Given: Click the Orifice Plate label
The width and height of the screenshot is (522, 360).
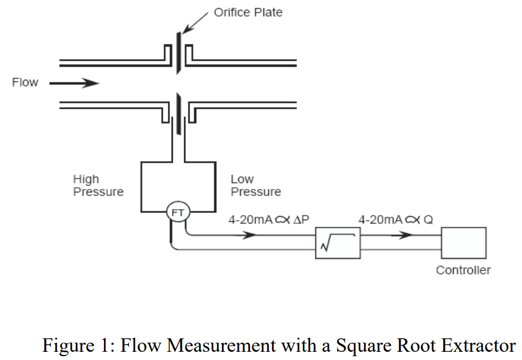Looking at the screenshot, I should pyautogui.click(x=248, y=12).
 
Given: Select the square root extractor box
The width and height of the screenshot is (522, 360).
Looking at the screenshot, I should pyautogui.click(x=338, y=243).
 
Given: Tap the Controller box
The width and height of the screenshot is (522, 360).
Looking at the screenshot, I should pyautogui.click(x=464, y=243).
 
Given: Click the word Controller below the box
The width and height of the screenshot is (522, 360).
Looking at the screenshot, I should pyautogui.click(x=463, y=270).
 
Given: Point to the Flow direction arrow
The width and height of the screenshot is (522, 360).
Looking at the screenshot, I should pyautogui.click(x=74, y=84).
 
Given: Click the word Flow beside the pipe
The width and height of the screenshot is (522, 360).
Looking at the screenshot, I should pyautogui.click(x=25, y=82).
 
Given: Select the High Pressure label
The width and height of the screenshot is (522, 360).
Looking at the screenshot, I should pyautogui.click(x=98, y=186).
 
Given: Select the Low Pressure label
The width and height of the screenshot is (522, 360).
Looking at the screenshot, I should pyautogui.click(x=255, y=186).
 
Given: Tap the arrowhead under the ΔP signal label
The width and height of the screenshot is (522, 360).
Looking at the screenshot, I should pyautogui.click(x=249, y=235).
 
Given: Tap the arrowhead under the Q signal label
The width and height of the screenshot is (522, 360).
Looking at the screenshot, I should pyautogui.click(x=404, y=235).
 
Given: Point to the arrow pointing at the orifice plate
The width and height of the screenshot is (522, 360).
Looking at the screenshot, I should pyautogui.click(x=196, y=22).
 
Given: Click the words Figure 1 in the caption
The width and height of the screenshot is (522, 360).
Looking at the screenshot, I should pyautogui.click(x=72, y=345).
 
